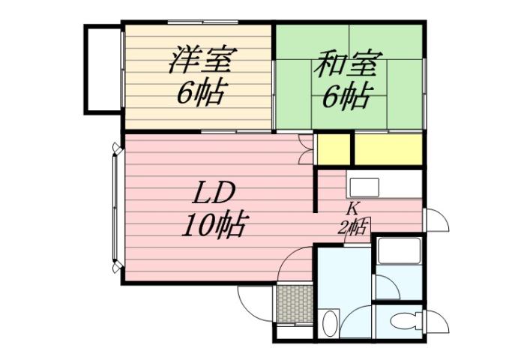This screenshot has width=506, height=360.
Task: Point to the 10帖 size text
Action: coord(214,223)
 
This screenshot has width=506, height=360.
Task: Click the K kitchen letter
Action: coord(352,209)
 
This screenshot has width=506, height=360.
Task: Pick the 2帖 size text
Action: coord(353,227)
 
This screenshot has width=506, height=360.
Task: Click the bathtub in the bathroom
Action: coord(398,251)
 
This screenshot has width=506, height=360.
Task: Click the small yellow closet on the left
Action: coord(333,148)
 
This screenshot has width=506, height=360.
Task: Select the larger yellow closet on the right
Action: coord(388,148)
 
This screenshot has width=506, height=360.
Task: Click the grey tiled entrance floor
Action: coord(294,302)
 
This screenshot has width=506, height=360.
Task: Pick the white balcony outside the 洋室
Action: coord(101,69)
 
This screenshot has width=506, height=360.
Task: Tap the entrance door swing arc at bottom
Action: coord(255,304)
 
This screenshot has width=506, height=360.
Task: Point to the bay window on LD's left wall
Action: coord(115,208)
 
